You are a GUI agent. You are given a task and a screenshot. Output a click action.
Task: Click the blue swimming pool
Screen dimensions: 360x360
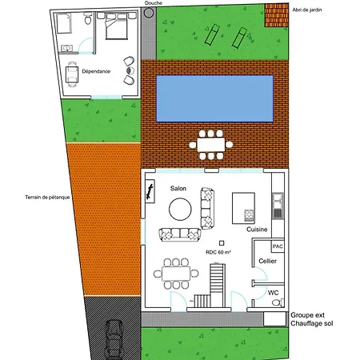(214, 98)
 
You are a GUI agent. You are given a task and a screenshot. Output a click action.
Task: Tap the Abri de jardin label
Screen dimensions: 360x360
(307, 10)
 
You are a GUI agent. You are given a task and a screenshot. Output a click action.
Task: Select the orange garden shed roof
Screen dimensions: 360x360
(277, 15)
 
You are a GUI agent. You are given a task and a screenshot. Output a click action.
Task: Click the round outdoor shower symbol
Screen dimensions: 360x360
(149, 13)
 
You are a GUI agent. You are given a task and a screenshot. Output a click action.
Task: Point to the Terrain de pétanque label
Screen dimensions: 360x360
(47, 198)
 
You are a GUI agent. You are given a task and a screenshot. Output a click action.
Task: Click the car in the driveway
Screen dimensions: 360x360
(114, 340)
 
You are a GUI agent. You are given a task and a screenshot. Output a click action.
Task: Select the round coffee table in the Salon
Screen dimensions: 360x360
(180, 210)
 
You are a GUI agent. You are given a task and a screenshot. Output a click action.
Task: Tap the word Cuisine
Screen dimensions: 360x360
(257, 230)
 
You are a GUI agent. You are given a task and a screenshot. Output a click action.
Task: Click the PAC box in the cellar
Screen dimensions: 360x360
(278, 246)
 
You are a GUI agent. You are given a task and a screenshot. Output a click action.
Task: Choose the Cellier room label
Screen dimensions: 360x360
(267, 261)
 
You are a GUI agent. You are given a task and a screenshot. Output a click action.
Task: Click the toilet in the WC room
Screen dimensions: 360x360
(278, 302)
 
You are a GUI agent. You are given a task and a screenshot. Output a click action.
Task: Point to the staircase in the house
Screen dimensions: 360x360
(210, 286)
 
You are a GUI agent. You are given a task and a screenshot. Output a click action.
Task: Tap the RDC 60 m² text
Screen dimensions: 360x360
(218, 252)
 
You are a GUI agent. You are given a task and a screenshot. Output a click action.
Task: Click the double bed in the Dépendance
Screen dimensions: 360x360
(116, 26)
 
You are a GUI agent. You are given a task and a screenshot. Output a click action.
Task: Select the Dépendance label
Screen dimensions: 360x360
(96, 71)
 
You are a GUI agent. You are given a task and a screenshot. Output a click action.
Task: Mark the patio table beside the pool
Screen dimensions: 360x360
(211, 145)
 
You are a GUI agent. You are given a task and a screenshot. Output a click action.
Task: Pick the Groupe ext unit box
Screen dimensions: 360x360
(274, 319)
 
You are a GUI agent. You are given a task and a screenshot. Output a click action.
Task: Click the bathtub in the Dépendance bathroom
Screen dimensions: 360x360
(64, 23)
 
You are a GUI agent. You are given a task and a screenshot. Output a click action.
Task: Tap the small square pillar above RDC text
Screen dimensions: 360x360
(222, 243)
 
